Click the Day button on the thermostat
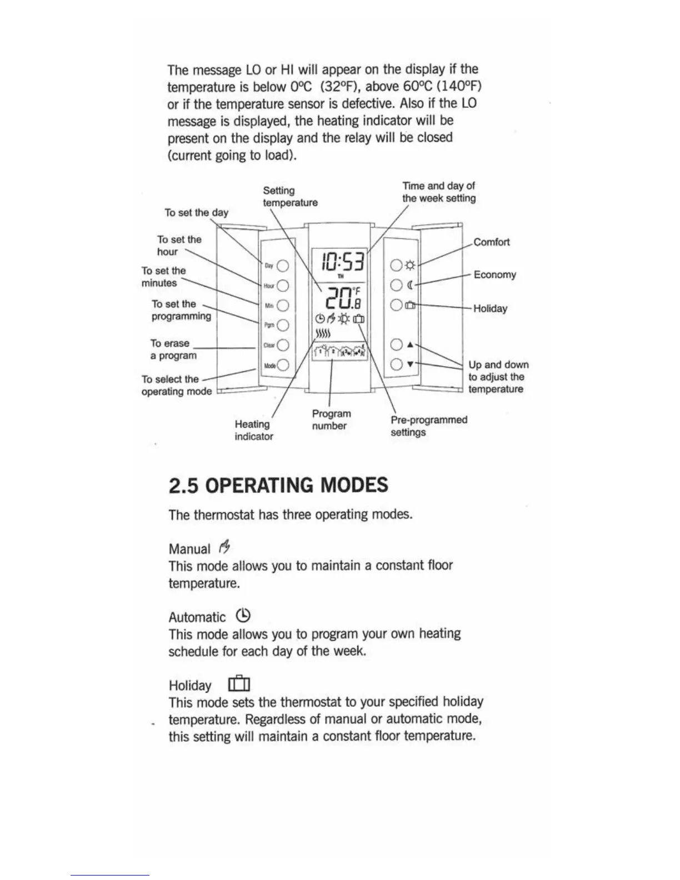click(282, 266)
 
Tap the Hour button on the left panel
click(282, 286)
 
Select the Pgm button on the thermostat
click(282, 325)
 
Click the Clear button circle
click(282, 345)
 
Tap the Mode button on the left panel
click(282, 365)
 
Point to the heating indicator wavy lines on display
click(323, 333)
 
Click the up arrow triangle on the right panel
click(410, 344)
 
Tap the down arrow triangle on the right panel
click(410, 364)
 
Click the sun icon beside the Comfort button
click(411, 266)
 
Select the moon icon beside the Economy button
click(411, 286)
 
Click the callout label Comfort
click(491, 242)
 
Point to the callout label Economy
click(494, 274)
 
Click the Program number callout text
click(331, 420)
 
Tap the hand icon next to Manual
click(224, 548)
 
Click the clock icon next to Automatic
click(243, 616)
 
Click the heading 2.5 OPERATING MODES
click(278, 485)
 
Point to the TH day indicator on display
click(341, 276)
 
